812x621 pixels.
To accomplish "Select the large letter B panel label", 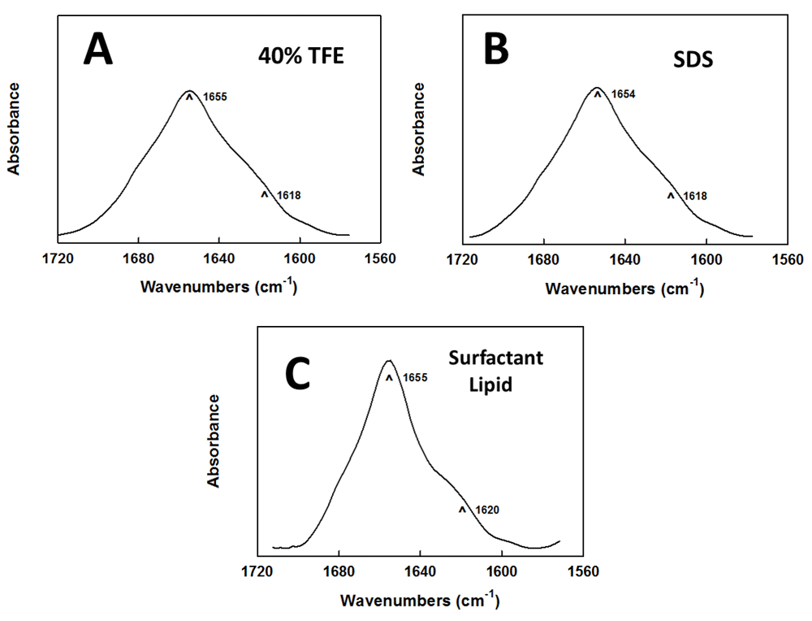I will [496, 50].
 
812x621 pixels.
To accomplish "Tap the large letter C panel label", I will [300, 373].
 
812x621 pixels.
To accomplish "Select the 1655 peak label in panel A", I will [215, 97].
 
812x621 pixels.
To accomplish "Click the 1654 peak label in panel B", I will [624, 95].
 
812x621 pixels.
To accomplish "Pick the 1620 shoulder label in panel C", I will [487, 510].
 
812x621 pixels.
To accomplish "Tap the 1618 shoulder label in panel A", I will [289, 195].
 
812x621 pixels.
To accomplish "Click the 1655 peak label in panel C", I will [415, 378].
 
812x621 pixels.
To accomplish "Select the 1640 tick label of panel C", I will [420, 572].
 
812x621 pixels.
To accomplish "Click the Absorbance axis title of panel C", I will [214, 441].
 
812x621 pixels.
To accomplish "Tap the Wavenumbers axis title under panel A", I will [218, 287].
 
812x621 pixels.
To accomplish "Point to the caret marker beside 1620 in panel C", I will [462, 510].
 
